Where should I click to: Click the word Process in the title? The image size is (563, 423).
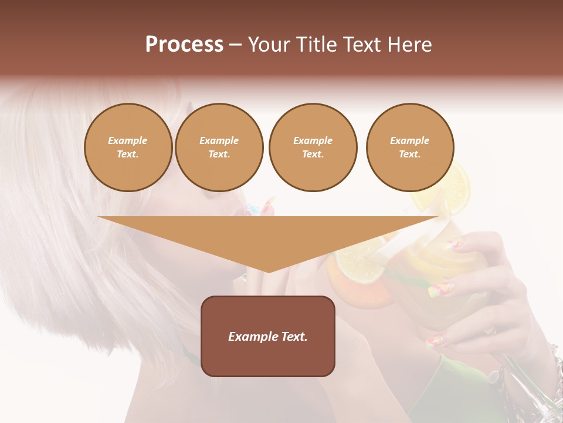(x=184, y=45)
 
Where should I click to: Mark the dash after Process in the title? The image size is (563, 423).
(x=235, y=45)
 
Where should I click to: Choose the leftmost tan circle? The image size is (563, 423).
(x=128, y=147)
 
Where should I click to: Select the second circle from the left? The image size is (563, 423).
(x=219, y=147)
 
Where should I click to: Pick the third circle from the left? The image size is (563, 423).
(x=313, y=147)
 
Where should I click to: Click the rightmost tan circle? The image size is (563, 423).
(x=409, y=147)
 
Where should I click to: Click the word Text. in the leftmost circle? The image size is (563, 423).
(x=128, y=155)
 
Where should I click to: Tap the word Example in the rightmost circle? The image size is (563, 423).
(x=409, y=140)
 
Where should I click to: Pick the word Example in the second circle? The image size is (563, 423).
(x=219, y=140)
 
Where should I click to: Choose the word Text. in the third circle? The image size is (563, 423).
(x=313, y=155)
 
